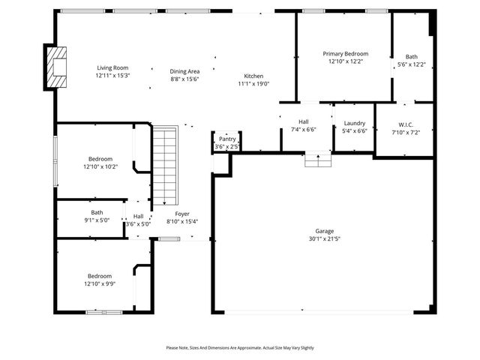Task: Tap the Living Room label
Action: click(x=112, y=67)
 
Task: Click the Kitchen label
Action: click(x=253, y=76)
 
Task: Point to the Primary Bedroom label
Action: click(x=345, y=54)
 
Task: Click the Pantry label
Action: click(x=226, y=139)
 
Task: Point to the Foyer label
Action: click(x=182, y=214)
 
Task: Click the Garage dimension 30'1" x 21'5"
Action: click(x=324, y=238)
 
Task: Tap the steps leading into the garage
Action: click(x=317, y=160)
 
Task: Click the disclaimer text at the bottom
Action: click(x=240, y=348)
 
